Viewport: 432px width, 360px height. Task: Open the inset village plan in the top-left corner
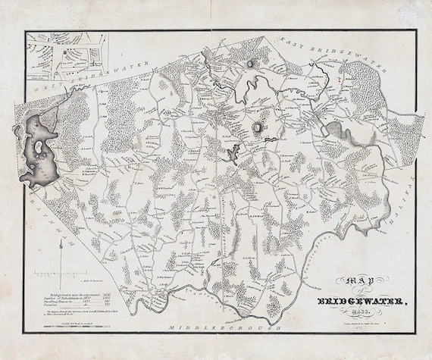[x=65, y=58]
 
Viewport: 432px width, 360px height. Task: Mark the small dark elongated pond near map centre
[x=225, y=160]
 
